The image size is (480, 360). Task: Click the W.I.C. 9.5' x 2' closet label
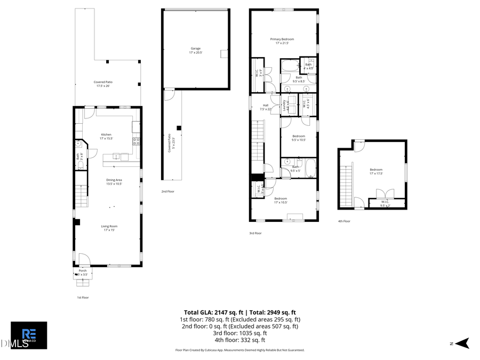(x=385, y=203)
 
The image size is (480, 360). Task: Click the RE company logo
(x=29, y=335)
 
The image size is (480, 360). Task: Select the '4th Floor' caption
(x=344, y=221)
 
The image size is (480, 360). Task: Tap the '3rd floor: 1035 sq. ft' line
(x=239, y=333)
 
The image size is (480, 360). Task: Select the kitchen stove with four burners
(x=136, y=141)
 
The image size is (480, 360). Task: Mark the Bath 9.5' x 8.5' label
(x=299, y=79)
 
